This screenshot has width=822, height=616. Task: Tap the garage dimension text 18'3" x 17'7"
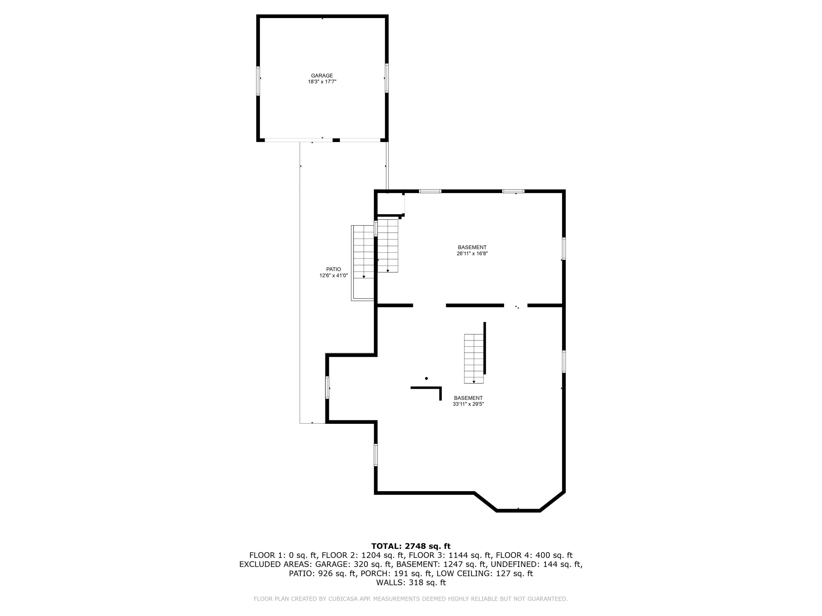pos(322,82)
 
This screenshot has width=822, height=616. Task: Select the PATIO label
pos(333,269)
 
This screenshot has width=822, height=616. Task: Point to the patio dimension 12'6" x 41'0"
pos(333,275)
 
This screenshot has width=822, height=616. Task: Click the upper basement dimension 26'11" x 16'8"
pos(472,254)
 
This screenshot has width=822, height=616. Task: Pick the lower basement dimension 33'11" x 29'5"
pos(468,404)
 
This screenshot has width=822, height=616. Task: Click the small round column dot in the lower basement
pos(426,378)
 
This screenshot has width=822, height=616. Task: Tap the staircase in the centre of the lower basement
pos(474,358)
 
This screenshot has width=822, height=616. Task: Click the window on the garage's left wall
pos(258,81)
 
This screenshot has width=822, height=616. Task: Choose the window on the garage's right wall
pos(386,78)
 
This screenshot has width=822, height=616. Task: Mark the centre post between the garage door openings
pos(336,140)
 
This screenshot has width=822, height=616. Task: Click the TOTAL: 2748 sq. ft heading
pos(411,546)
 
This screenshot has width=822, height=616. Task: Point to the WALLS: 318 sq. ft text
pos(411,583)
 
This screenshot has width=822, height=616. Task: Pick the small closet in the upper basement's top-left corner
pos(390,203)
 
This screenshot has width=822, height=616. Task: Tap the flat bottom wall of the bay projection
pos(518,511)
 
